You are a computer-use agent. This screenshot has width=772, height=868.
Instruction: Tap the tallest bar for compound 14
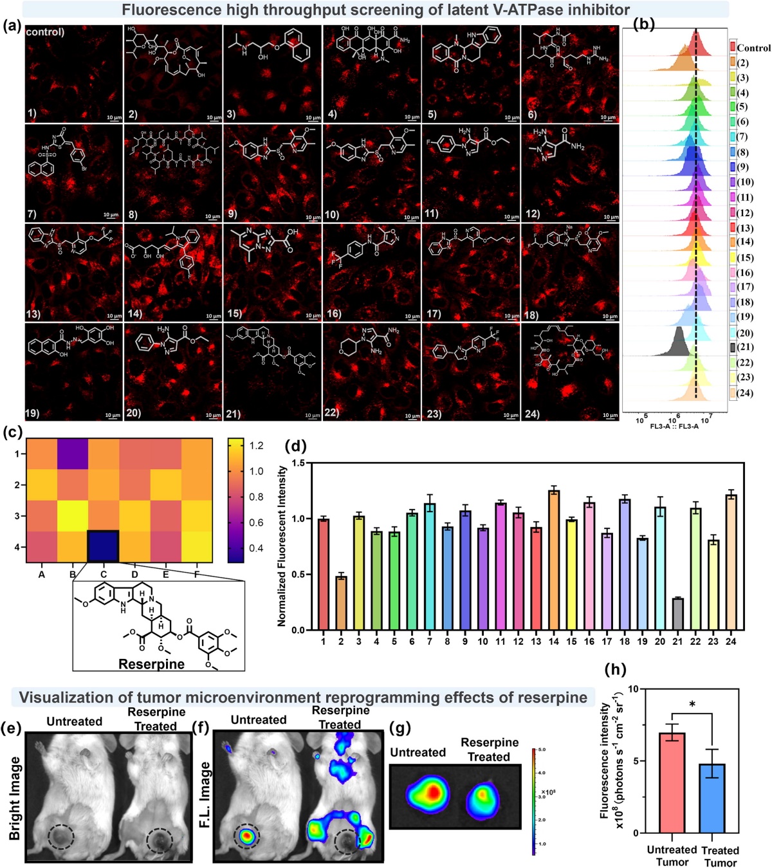554,560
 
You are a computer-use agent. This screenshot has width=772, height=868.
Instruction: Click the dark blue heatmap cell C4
104,547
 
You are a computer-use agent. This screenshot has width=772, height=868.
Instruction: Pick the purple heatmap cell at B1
72,454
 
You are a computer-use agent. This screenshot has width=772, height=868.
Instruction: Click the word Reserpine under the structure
151,664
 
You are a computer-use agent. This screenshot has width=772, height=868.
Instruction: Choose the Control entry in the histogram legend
753,48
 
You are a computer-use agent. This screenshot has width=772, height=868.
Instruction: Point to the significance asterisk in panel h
692,704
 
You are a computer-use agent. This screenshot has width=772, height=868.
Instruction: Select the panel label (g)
401,728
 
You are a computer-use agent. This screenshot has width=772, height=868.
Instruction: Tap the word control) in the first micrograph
45,32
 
